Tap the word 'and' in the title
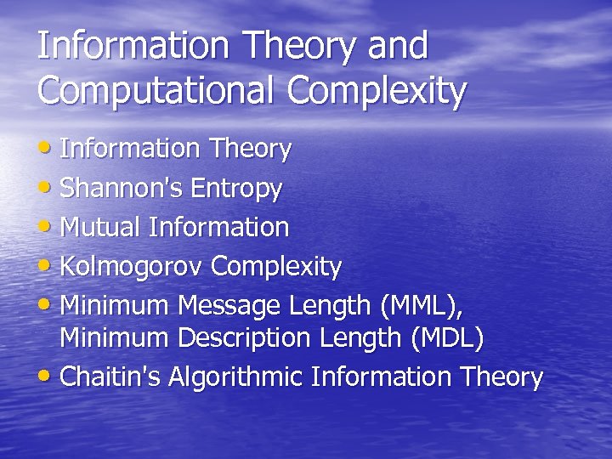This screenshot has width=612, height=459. pos(397,46)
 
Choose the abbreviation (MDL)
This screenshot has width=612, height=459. pos(447,339)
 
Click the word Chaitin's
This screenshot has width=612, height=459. pos(110,377)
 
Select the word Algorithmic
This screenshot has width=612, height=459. pos(237,377)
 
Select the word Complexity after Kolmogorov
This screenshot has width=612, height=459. pos(276,267)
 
